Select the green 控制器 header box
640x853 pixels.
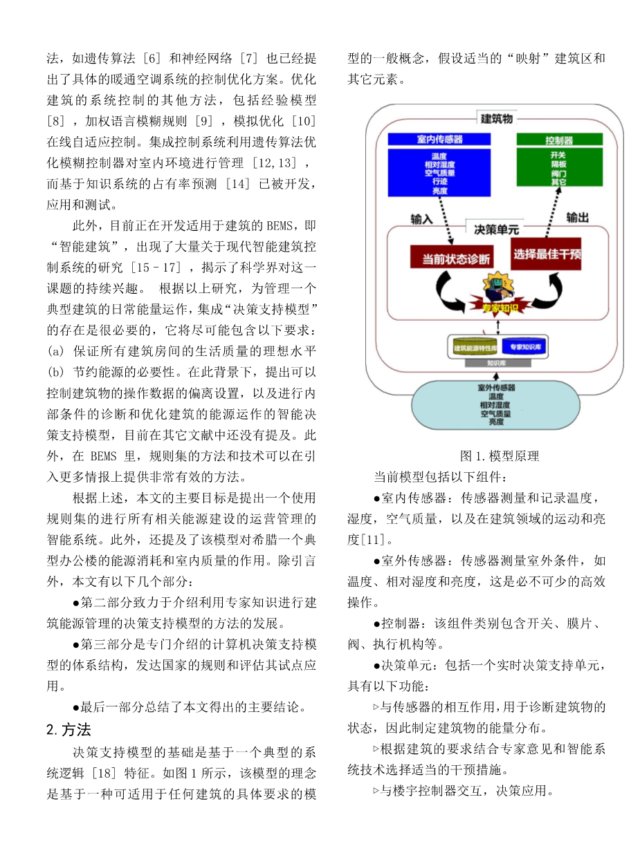[560, 139]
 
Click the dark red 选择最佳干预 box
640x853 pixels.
[547, 256]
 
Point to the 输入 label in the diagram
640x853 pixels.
[421, 219]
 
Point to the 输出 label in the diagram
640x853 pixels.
[578, 218]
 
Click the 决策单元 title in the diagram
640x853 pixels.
[496, 229]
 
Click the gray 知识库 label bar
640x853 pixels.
[500, 362]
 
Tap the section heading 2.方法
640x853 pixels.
[68, 729]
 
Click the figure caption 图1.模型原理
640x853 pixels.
[499, 456]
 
